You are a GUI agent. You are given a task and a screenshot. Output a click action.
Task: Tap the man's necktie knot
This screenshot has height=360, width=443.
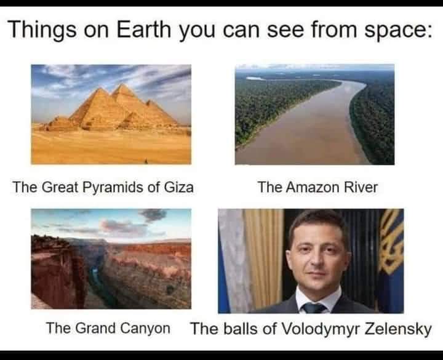tap(314, 306)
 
